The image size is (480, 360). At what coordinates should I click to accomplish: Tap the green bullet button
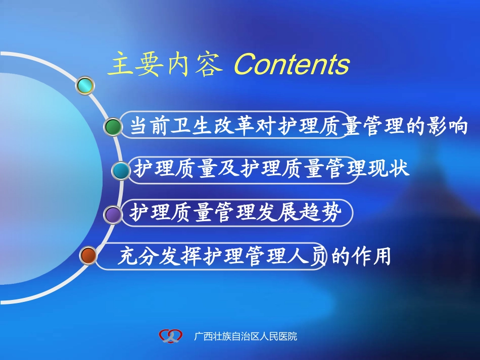113,126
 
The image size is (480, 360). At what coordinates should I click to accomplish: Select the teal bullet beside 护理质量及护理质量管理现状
121,171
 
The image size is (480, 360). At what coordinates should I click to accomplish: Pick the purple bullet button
113,215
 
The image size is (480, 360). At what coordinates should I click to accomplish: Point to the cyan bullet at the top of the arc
85,85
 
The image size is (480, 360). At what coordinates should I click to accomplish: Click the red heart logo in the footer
169,335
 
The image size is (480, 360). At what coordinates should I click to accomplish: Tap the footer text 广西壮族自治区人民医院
246,336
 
